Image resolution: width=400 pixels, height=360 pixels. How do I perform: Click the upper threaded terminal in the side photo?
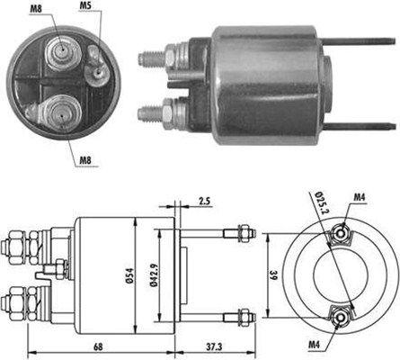tap(151, 58)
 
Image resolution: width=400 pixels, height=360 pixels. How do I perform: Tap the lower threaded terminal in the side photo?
tap(151, 113)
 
